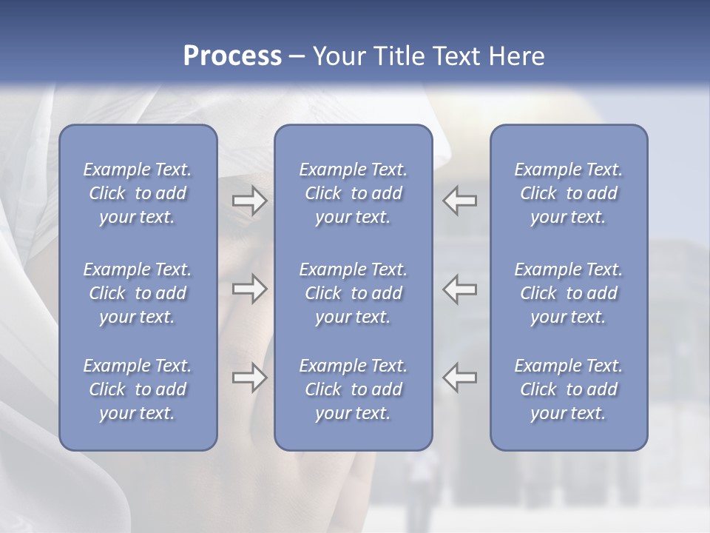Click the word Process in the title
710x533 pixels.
232,56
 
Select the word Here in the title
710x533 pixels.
515,56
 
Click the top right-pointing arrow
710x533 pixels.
250,201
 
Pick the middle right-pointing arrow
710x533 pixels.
250,289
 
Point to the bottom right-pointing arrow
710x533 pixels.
250,378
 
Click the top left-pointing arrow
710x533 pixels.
460,201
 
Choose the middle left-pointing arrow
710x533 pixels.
460,289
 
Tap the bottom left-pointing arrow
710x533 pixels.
460,378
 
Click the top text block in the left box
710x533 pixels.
138,193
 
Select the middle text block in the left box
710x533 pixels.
138,293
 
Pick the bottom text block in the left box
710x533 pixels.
138,389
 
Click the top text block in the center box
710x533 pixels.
353,193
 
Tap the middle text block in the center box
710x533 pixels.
353,293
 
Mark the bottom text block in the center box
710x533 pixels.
353,389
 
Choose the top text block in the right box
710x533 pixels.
568,193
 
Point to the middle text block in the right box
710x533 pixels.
568,293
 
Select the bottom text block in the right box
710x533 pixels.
568,389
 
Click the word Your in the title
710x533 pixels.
337,56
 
